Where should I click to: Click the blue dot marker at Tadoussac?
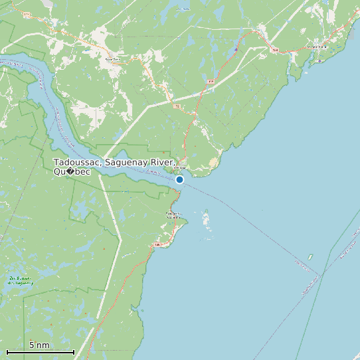[179, 179]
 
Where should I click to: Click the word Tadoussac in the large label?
[77, 163]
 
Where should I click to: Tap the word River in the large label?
[163, 163]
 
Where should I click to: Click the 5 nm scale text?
[39, 345]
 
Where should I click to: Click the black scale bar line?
[40, 351]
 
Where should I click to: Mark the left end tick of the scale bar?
[7, 351]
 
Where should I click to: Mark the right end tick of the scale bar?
[74, 351]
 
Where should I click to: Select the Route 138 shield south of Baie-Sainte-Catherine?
[157, 245]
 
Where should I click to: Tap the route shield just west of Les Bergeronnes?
[274, 48]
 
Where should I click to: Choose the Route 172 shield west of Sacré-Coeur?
[27, 14]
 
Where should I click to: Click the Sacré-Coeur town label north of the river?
[112, 58]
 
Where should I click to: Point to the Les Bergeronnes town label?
[317, 46]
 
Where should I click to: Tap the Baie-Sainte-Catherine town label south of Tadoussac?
[174, 216]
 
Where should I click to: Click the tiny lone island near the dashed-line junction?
[310, 256]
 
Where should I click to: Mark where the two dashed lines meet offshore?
[320, 274]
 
